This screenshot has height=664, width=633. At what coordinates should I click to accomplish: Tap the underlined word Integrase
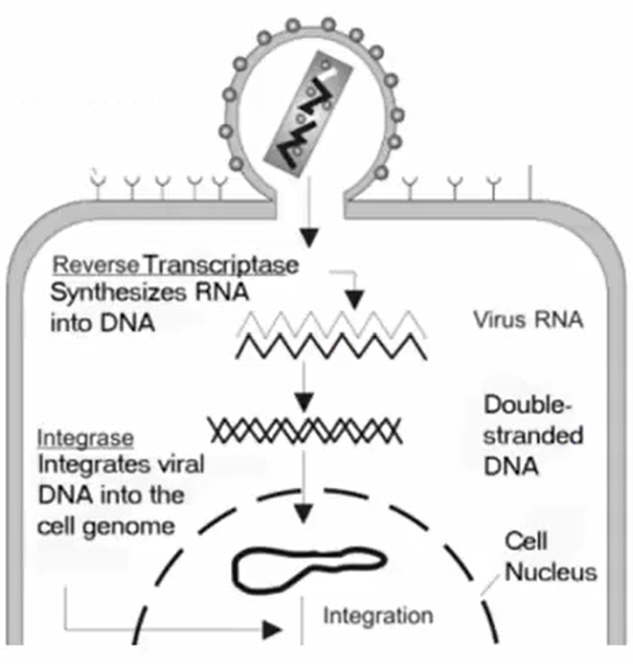coord(85,439)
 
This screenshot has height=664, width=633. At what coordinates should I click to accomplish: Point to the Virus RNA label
coord(527,319)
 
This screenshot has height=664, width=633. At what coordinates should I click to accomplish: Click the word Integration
coord(378,615)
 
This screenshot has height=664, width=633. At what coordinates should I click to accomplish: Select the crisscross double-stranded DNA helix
coord(304,430)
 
